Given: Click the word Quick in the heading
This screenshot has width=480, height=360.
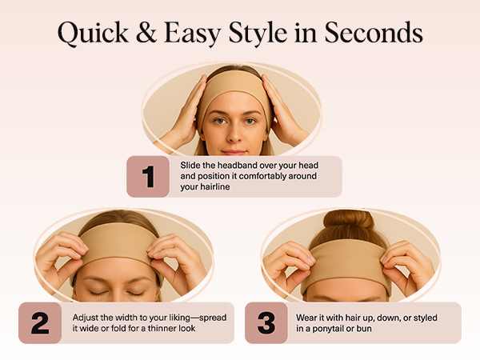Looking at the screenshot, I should (91, 34).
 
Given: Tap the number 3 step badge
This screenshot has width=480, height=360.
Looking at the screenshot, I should (266, 322).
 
